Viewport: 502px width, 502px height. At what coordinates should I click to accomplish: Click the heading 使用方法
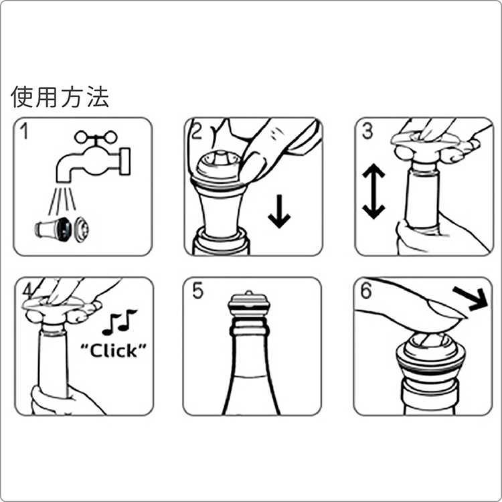(x=60, y=98)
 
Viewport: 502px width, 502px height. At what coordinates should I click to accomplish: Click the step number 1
(x=25, y=131)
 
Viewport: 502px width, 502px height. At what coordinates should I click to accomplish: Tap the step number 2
(x=195, y=131)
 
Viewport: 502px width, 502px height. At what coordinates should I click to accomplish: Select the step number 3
(x=367, y=131)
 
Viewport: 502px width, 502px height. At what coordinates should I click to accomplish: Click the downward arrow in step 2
(x=278, y=212)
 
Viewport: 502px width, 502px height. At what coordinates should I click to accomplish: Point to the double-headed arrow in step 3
(x=373, y=192)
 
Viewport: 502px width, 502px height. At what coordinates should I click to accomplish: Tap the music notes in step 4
(x=119, y=321)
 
